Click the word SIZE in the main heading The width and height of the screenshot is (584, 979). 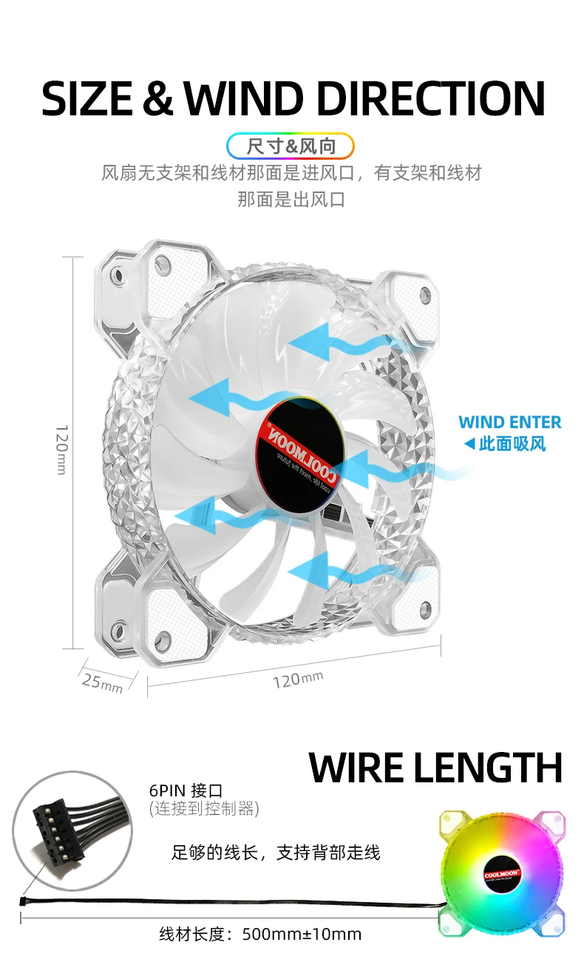[88, 98]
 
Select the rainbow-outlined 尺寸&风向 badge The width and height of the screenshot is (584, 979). [291, 146]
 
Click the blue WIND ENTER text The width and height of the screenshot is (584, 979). [509, 422]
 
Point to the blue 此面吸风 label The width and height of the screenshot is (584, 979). [505, 444]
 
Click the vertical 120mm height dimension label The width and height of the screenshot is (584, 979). [62, 450]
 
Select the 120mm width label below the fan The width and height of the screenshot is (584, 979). [297, 679]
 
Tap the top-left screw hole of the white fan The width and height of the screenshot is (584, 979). [118, 276]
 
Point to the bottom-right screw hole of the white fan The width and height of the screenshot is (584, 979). [425, 609]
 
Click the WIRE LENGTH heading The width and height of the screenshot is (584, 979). [435, 768]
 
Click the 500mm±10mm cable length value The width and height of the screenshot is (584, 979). [302, 934]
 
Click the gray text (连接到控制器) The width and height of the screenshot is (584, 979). [204, 808]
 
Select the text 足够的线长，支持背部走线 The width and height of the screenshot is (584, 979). [275, 853]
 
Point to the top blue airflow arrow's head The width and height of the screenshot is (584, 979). [299, 342]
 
